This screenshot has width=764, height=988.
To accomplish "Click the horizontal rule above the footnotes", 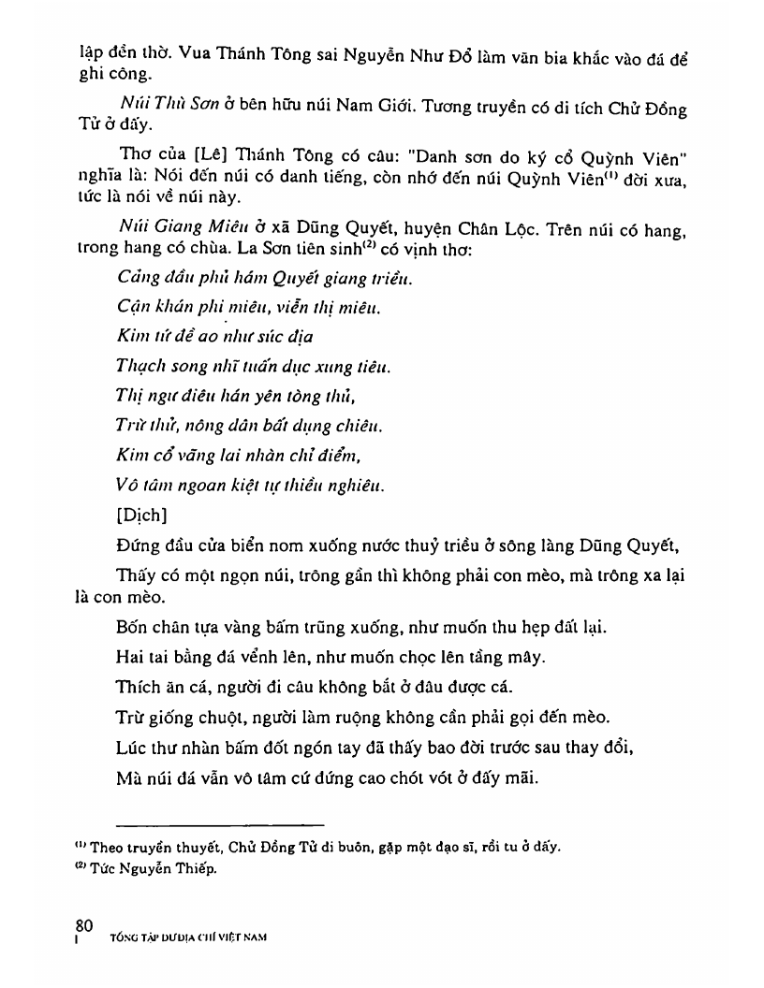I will pyautogui.click(x=220, y=824).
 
